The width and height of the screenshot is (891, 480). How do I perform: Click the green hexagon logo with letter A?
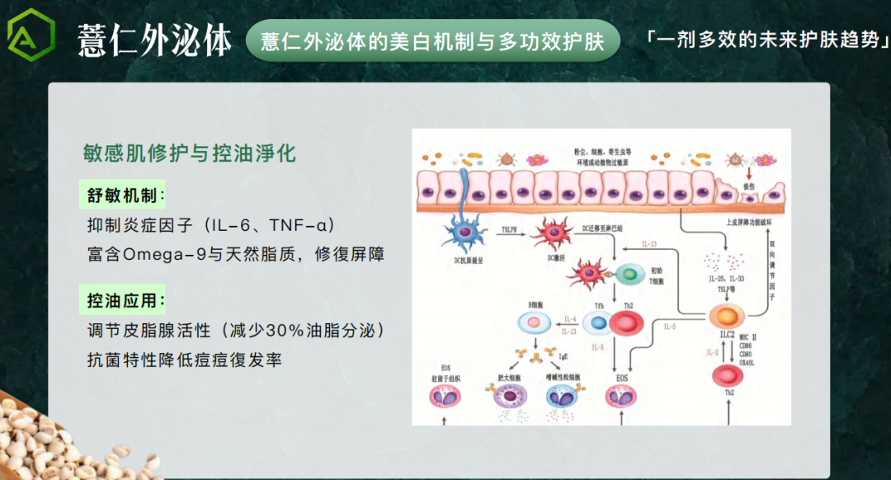pos(31,38)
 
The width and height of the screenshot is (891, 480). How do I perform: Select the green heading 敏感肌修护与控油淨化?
pos(189,153)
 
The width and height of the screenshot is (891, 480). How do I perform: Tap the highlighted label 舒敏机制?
pos(123,195)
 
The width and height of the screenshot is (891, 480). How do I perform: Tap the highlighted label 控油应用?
pos(123,300)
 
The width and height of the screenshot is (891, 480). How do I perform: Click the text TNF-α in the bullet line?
pos(295,226)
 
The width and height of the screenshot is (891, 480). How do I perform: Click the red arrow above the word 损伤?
pos(748,174)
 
